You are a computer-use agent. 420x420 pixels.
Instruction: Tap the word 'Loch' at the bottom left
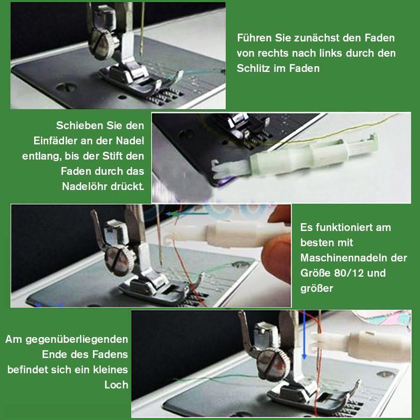pyautogui.click(x=117, y=385)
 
